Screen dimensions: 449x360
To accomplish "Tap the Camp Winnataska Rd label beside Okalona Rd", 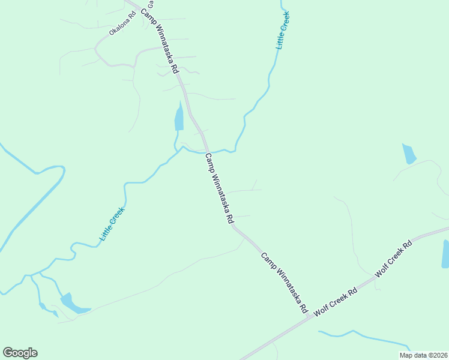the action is [x=160, y=41].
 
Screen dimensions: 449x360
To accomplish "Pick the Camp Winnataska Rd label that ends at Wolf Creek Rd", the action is [x=285, y=283].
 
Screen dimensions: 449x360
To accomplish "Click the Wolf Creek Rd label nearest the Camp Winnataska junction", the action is [x=336, y=302].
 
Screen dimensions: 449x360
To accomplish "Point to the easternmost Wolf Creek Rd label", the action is [x=394, y=259].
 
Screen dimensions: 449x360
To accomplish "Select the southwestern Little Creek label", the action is [x=112, y=224].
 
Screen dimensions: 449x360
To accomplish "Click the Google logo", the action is [x=20, y=353].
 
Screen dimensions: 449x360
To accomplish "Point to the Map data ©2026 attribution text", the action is [x=423, y=355].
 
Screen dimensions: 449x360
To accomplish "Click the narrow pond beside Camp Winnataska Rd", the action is [x=179, y=117].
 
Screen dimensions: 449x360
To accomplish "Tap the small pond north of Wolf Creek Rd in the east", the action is [x=409, y=154].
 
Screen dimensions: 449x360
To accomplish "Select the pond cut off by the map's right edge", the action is [x=445, y=253].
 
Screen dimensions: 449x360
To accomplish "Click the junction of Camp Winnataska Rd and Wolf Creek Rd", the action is [x=309, y=317].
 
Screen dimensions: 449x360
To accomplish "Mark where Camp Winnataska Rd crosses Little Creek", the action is [x=206, y=150].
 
